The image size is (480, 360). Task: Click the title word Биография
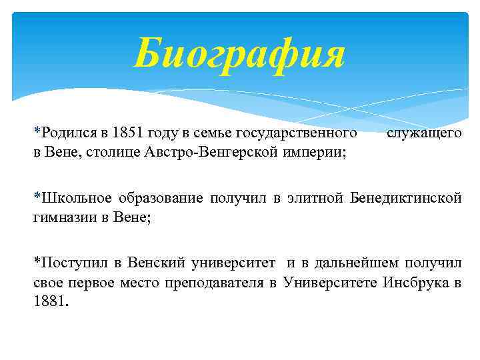(x=239, y=54)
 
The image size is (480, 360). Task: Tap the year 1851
(x=129, y=133)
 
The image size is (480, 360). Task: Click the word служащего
(x=424, y=133)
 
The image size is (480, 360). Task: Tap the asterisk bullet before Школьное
(x=37, y=197)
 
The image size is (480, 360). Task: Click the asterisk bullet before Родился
(x=37, y=132)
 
